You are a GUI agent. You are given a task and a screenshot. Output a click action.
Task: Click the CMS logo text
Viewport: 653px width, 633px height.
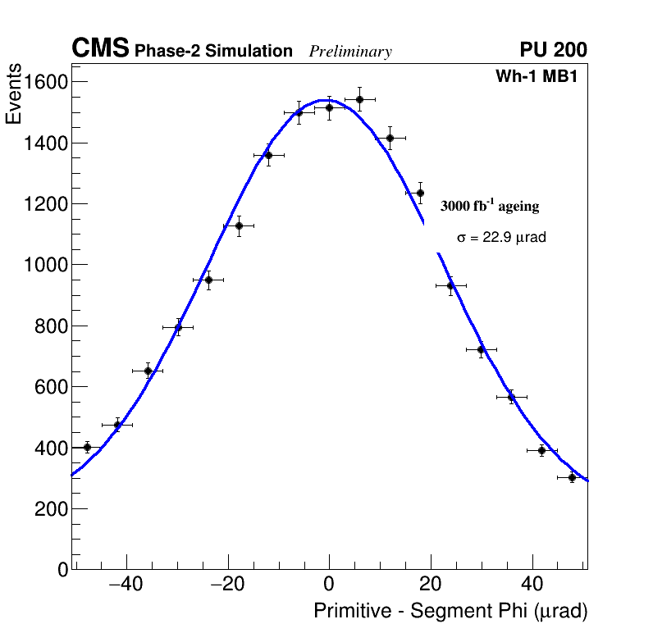click(100, 49)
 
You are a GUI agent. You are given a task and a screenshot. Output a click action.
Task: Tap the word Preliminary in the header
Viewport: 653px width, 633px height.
click(350, 52)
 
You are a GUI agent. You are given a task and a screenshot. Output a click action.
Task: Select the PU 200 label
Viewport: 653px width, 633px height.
click(553, 50)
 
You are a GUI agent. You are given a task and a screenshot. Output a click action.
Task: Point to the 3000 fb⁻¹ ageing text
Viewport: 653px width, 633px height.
click(490, 206)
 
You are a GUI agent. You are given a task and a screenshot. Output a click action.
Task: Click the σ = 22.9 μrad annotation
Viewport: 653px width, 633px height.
click(501, 237)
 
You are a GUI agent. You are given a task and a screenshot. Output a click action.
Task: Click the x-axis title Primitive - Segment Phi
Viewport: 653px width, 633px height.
click(450, 611)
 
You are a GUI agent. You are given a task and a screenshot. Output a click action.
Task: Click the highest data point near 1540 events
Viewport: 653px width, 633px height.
click(359, 99)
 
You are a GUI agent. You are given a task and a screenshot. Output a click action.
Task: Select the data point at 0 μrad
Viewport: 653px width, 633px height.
click(329, 107)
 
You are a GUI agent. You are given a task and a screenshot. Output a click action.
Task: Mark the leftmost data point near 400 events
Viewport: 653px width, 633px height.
click(87, 447)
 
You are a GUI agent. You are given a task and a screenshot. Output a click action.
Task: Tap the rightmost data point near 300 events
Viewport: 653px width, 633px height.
click(572, 477)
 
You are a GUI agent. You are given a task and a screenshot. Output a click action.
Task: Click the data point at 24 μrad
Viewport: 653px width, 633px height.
click(450, 285)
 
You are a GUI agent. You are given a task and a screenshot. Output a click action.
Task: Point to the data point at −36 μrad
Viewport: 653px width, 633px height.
click(148, 371)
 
